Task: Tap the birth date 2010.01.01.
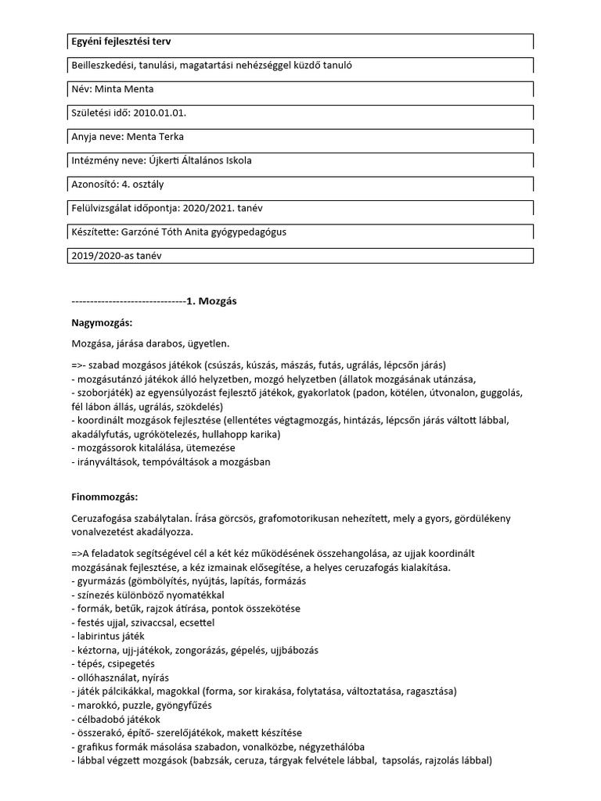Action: [x=160, y=113]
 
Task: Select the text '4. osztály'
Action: [x=142, y=185]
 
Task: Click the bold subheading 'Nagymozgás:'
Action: [x=102, y=322]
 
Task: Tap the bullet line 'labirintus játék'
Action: [x=107, y=636]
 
